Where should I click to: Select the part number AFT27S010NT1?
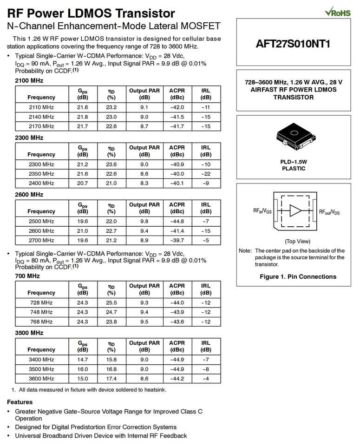tap(293, 44)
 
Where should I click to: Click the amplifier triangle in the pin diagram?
tap(295, 211)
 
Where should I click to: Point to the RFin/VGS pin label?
tap(262, 211)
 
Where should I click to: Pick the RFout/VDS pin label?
tap(329, 211)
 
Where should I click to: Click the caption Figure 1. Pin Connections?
tap(298, 276)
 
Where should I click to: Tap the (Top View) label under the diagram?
tap(297, 241)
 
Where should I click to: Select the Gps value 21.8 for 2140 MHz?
tap(82, 117)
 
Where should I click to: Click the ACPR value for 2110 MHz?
tap(177, 107)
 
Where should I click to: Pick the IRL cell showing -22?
tap(206, 174)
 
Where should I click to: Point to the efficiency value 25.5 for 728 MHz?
tap(111, 303)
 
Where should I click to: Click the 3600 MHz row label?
tap(41, 379)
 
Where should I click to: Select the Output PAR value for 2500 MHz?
tap(144, 221)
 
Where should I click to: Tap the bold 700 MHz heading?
tap(27, 276)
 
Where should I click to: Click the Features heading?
tap(20, 402)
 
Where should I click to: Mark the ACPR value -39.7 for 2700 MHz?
tap(177, 240)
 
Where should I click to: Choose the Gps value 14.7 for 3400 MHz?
tap(82, 360)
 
